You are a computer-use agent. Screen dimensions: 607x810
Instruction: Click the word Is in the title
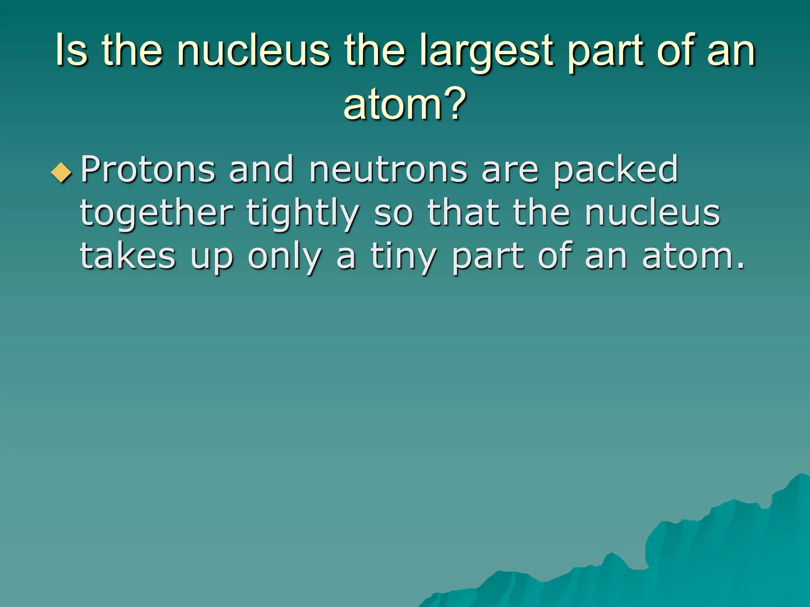pos(71,51)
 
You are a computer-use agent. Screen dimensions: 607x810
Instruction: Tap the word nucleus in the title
pos(253,51)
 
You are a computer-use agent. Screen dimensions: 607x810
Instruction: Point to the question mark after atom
pos(454,104)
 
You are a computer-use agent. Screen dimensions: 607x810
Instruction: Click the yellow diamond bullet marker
pos(62,173)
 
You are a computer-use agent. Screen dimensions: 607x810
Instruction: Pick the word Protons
pos(148,170)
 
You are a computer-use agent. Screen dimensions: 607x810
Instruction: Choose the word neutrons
pos(388,171)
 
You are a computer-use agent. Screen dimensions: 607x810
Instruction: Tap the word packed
pos(615,171)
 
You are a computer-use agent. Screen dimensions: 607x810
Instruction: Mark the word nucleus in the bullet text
pos(652,213)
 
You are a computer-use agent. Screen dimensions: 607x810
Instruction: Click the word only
pos(284,257)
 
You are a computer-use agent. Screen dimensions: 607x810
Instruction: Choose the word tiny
pos(403,257)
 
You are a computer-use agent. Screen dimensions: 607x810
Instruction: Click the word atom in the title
pos(392,104)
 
